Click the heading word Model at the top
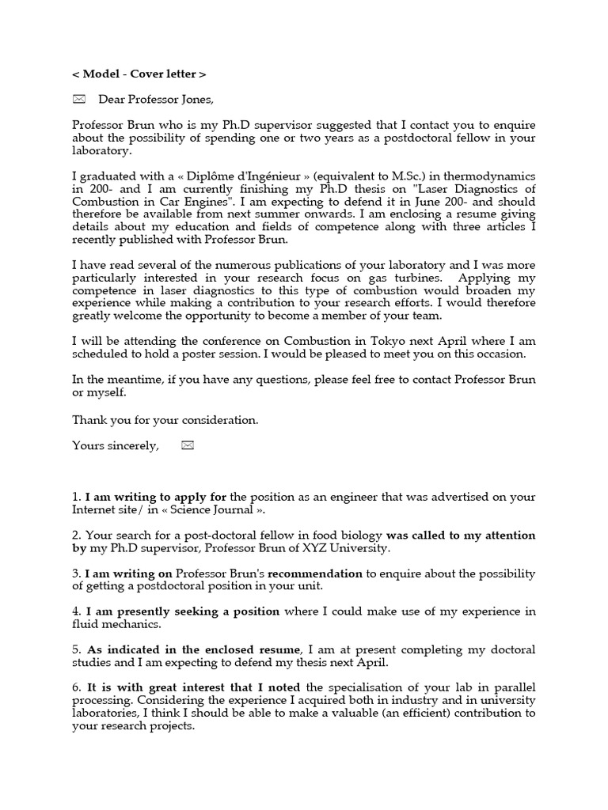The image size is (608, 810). (101, 74)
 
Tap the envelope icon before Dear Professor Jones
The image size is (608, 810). (78, 99)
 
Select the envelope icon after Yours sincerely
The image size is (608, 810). (188, 445)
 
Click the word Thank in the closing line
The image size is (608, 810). (88, 419)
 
